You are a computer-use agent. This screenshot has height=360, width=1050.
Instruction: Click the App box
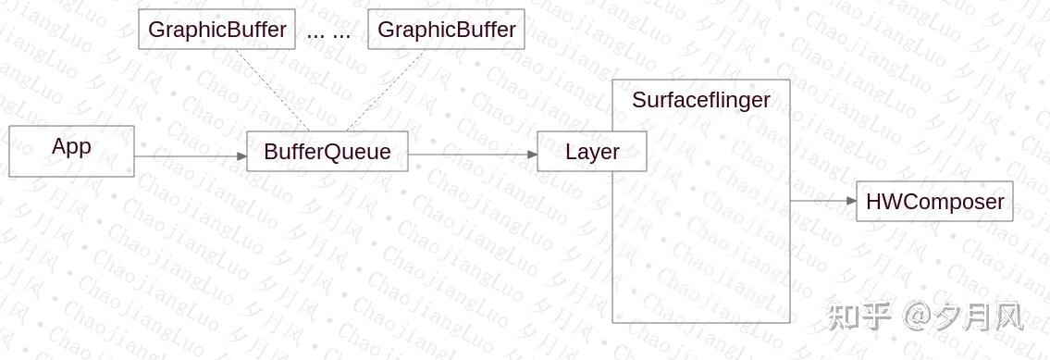click(71, 151)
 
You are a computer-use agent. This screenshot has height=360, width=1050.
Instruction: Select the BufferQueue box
click(327, 152)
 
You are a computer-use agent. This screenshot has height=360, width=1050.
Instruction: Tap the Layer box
click(592, 152)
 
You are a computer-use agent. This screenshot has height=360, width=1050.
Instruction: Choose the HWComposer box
click(934, 202)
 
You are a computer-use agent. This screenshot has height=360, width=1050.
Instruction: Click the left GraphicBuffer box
click(216, 30)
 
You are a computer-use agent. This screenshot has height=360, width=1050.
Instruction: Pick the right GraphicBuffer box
click(446, 30)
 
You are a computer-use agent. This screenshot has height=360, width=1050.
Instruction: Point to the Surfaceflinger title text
click(700, 100)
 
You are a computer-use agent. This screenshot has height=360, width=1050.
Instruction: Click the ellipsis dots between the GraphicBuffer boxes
click(328, 33)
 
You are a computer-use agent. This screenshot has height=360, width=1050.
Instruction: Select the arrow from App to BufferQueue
click(190, 155)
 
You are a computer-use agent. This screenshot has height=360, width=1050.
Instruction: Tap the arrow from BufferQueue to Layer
click(472, 155)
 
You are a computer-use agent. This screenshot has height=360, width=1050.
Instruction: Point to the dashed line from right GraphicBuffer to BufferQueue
click(386, 90)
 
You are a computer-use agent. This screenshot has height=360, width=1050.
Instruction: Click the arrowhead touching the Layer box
click(532, 155)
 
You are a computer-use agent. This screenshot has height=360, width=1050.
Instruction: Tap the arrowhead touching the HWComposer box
click(851, 200)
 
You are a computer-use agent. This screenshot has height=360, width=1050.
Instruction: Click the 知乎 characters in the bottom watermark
click(859, 317)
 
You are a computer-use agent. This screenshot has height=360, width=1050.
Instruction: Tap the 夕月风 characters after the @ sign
click(980, 317)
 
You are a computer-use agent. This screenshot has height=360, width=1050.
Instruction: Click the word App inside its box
click(71, 146)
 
